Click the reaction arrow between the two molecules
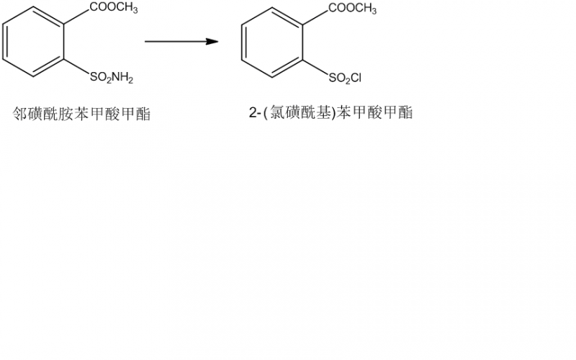point(181,42)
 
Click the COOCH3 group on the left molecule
point(114,8)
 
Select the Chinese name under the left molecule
point(83,113)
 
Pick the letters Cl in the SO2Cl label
point(364,77)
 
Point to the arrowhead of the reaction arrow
point(213,42)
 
